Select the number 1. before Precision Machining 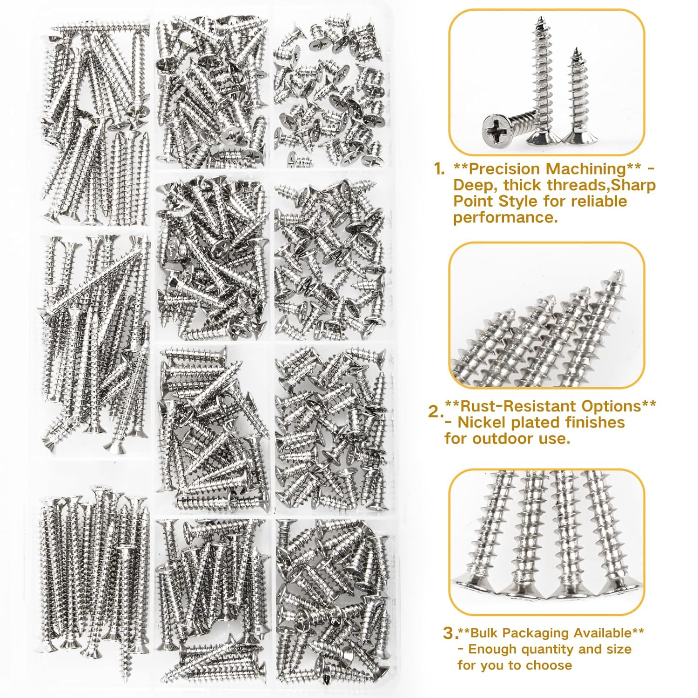tap(439, 169)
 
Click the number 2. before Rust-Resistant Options tap(435, 411)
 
